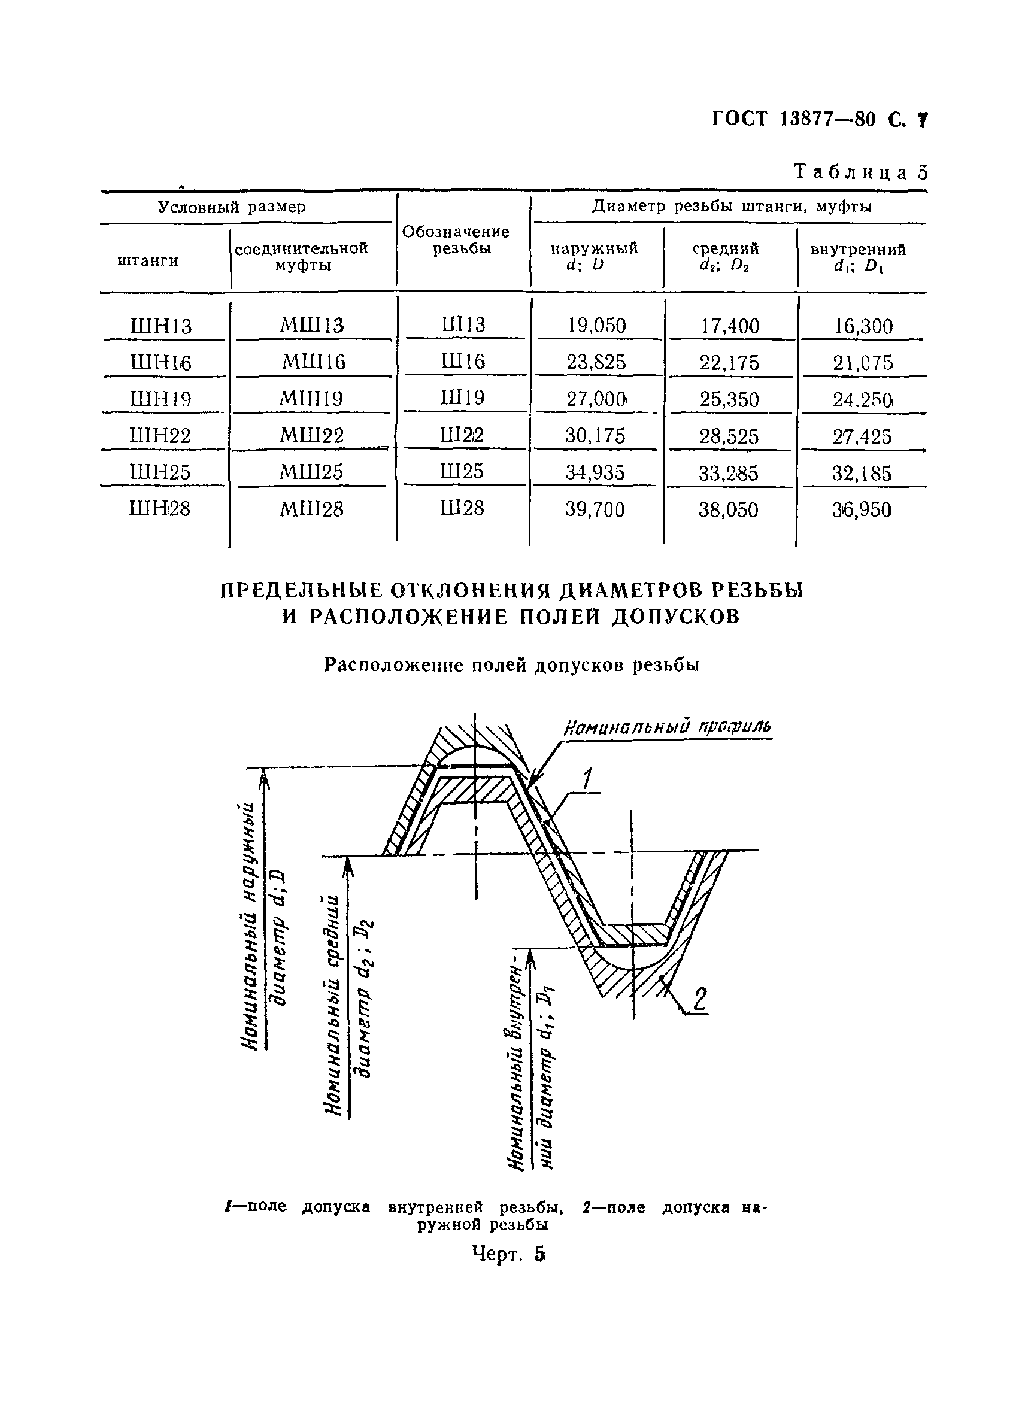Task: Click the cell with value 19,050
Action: coord(597,326)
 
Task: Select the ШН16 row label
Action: coord(160,362)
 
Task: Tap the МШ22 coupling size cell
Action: coord(311,435)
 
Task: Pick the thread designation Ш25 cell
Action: coord(462,471)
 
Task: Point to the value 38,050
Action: coord(728,510)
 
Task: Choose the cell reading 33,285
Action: coord(728,473)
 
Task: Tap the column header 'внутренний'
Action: coord(858,250)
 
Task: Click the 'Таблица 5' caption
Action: coord(860,172)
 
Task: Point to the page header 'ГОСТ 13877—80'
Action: coord(795,119)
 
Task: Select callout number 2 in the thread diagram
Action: coord(700,999)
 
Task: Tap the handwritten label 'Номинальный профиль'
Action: coord(667,727)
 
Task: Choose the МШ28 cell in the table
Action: coord(311,509)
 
